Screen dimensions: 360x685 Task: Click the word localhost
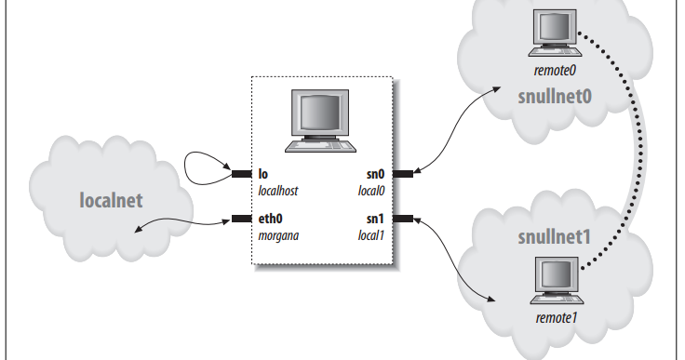(283, 189)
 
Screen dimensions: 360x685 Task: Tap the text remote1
(557, 318)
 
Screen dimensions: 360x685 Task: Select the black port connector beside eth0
(243, 220)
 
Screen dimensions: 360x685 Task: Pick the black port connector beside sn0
(403, 173)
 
